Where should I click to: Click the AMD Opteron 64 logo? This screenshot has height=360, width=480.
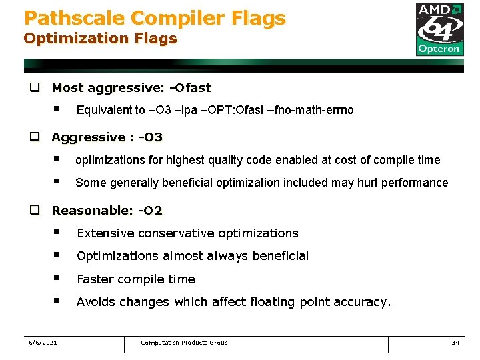[439, 29]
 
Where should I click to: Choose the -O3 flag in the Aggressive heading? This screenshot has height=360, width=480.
[150, 137]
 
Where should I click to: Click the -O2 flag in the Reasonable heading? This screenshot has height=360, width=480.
[150, 211]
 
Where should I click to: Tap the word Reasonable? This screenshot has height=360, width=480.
[92, 211]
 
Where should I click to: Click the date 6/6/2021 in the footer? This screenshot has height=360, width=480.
[43, 343]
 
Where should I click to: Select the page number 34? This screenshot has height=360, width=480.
[455, 343]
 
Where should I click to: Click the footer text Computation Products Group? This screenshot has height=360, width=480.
[184, 343]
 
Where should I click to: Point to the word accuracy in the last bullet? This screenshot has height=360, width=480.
[363, 302]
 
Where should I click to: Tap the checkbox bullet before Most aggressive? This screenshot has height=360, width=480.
[33, 87]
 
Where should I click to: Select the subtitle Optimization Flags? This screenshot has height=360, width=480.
[100, 38]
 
